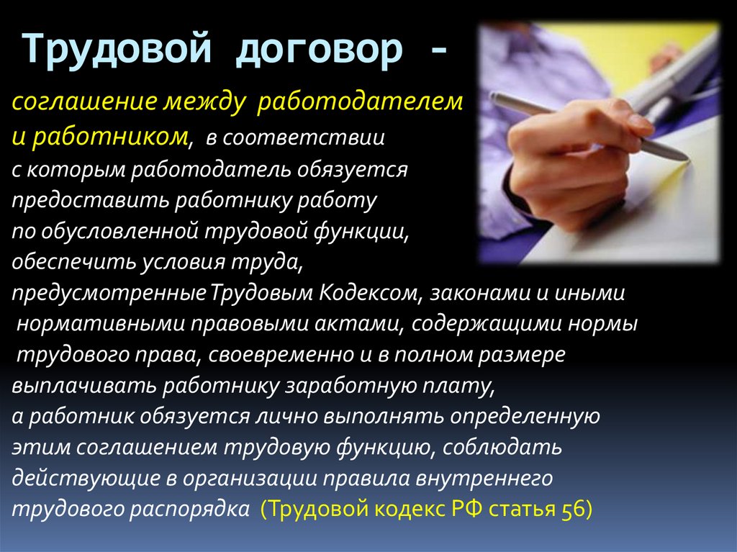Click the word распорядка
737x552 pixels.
click(189, 510)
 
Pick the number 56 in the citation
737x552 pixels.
click(572, 510)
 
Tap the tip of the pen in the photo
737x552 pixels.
click(687, 159)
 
